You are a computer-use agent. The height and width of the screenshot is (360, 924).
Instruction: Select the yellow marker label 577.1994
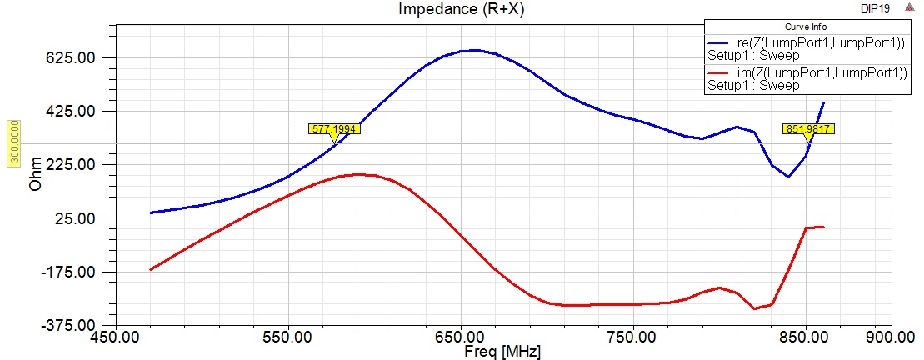[x=334, y=128]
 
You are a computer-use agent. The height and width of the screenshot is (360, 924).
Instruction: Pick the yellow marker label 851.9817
[x=807, y=128]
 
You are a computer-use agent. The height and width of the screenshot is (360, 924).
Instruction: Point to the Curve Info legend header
[x=807, y=27]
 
